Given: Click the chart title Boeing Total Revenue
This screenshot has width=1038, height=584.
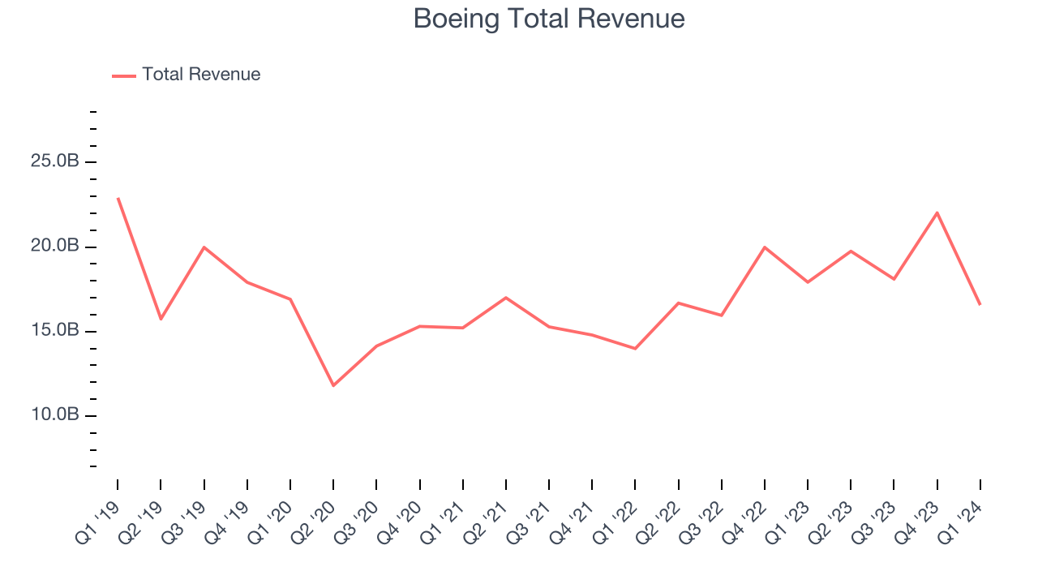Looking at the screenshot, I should pos(549,19).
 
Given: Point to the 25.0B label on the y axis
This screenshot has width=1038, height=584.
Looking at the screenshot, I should pos(55,161).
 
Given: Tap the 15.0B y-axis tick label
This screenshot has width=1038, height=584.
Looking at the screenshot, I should pos(55,331).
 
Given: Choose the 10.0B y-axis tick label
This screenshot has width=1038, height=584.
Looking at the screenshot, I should pos(55,415).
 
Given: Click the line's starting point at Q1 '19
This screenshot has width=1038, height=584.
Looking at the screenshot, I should pos(118,198).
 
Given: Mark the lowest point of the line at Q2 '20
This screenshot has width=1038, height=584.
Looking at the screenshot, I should pos(333,385).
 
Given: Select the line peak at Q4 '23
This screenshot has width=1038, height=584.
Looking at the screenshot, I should pos(937,213).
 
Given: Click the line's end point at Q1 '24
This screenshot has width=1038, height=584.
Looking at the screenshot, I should pos(980,304).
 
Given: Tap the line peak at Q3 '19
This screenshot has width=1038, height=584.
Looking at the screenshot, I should pos(204,247).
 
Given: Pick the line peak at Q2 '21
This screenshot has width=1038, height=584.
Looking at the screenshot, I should pos(506,298).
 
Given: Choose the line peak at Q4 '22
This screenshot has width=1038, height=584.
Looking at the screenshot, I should pos(765,247).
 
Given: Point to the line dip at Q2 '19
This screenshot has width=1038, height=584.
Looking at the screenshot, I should pos(161,319).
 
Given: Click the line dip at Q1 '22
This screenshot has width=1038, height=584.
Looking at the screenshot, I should pos(635,349).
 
